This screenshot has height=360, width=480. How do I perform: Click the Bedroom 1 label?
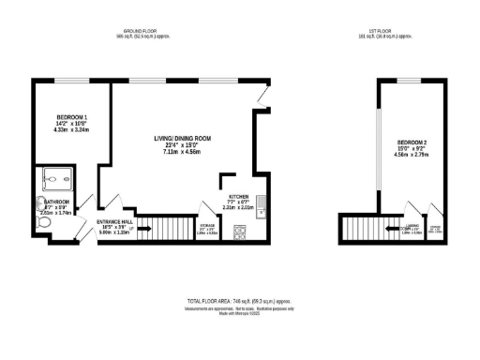tap(68, 116)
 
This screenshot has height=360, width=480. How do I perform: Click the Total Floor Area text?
tap(239, 300)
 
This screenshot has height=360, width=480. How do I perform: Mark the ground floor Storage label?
tap(207, 225)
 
